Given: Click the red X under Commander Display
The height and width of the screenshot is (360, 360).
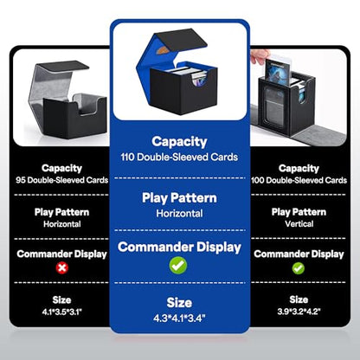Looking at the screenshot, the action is click(62, 268).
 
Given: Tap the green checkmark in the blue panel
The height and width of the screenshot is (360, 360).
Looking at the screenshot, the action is click(178, 265).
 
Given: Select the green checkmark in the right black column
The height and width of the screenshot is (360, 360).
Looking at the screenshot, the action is click(299, 268).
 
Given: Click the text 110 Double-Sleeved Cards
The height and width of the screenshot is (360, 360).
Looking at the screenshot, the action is click(179, 157).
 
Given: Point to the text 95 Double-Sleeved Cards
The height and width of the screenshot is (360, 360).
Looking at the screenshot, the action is click(62, 180).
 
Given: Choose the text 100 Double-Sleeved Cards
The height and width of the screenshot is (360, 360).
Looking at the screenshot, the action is click(299, 180).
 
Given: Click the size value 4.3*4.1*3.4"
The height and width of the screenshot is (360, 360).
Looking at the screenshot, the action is click(179, 318).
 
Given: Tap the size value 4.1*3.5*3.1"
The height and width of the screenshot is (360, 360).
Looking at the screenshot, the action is click(62, 312).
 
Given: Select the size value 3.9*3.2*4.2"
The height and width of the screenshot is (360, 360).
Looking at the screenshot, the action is click(299, 312).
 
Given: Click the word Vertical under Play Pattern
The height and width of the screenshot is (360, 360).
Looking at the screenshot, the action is click(299, 224).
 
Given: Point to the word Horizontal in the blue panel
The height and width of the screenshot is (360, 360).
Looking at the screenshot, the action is click(179, 214).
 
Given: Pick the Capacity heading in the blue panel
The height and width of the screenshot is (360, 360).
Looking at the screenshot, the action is click(179, 142).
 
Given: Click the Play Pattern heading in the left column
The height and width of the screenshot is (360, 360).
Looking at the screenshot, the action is click(61, 213).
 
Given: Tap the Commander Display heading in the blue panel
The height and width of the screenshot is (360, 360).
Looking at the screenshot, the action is click(179, 247).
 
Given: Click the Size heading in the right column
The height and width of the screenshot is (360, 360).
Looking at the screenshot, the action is click(299, 299).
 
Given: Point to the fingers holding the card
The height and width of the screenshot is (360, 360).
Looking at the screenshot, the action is click(260, 57).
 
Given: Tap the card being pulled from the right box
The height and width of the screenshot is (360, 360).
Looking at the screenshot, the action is click(277, 71).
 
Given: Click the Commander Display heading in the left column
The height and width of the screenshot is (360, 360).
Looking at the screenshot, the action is click(61, 254).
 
